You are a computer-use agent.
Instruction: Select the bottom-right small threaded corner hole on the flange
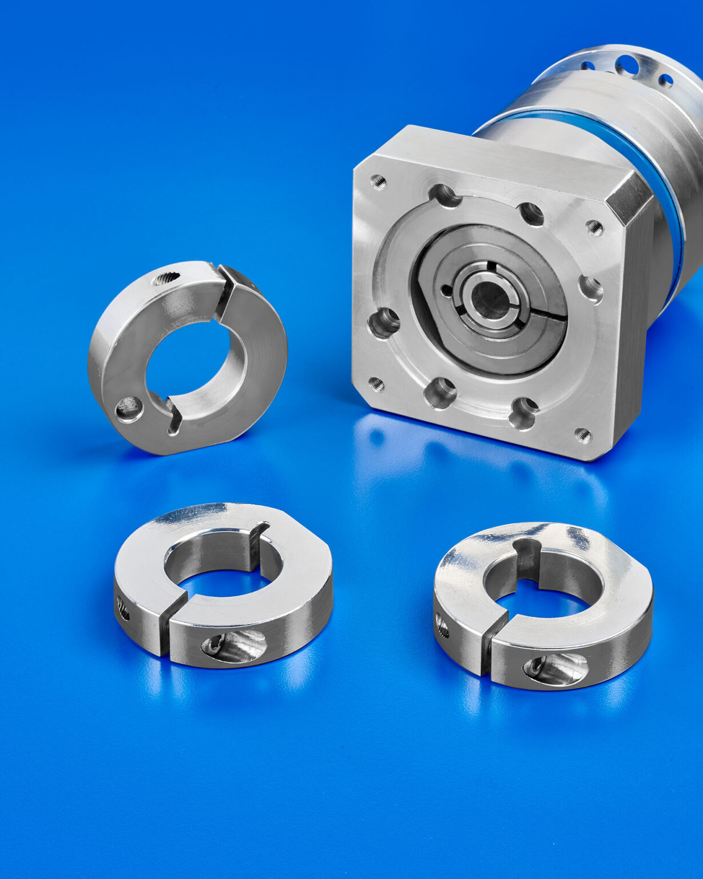tap(583, 435)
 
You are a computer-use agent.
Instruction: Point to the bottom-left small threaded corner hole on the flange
tap(376, 383)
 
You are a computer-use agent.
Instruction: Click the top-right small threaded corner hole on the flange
tap(595, 228)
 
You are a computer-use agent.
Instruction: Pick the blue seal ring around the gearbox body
tap(658, 189)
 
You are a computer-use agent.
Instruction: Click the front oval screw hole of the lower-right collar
tap(555, 668)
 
